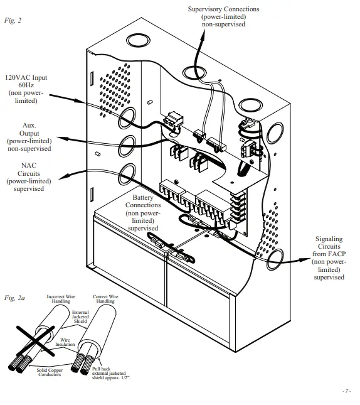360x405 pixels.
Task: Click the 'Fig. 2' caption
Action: click(13, 20)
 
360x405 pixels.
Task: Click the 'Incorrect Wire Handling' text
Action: click(61, 298)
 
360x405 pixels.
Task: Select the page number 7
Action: click(346, 391)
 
